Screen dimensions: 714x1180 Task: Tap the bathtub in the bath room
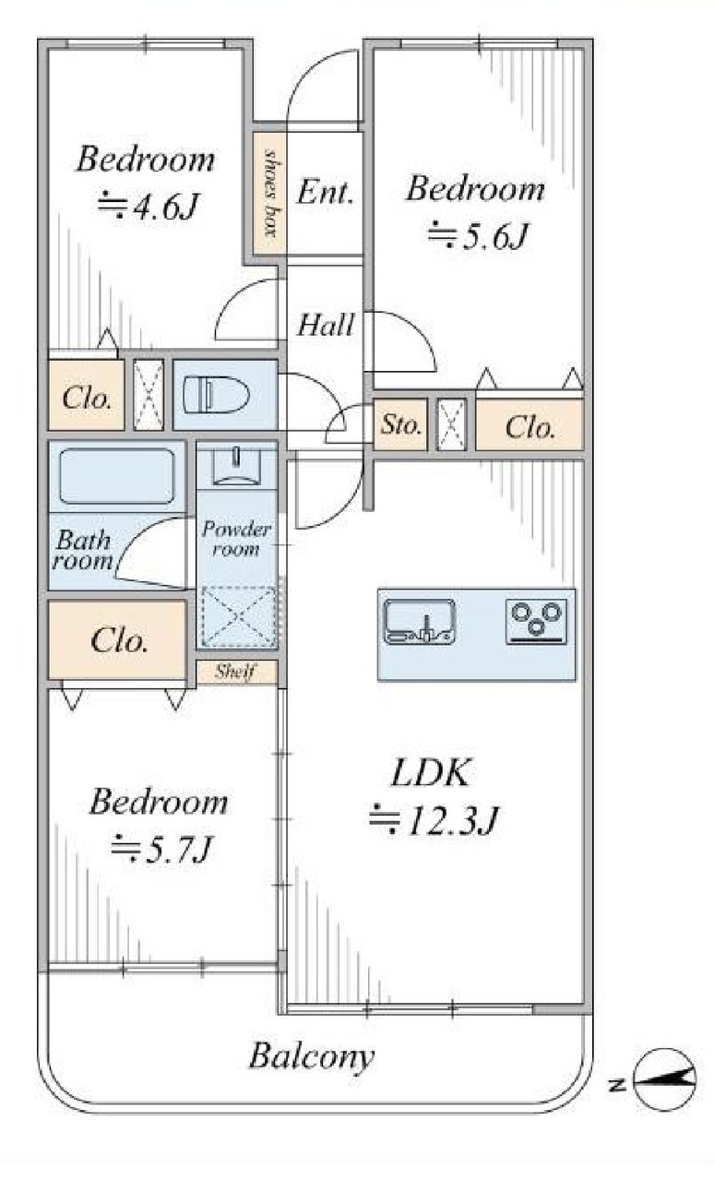117,476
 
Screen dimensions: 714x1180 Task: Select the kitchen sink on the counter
419,621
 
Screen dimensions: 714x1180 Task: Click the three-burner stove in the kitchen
537,621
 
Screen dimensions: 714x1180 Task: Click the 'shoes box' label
270,193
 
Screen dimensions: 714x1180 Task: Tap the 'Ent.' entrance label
325,192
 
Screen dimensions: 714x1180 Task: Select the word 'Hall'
326,325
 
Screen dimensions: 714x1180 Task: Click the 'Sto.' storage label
401,424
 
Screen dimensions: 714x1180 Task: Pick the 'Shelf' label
235,671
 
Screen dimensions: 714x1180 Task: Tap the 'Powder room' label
236,539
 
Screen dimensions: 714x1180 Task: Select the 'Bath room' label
83,550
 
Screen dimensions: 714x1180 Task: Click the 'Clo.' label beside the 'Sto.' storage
530,427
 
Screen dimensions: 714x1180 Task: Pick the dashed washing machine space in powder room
239,616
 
